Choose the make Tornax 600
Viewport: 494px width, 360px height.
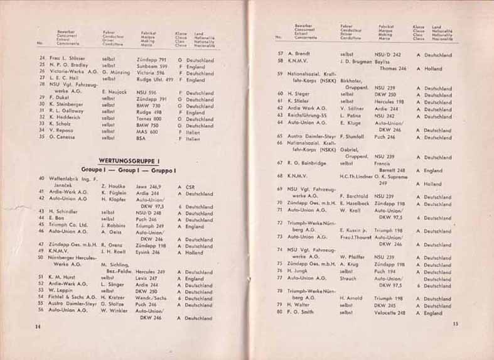point(149,119)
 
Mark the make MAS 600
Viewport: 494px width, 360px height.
point(146,131)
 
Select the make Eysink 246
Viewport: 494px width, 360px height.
point(148,252)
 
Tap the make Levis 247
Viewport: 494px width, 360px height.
point(147,278)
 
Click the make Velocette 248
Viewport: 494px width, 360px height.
point(390,312)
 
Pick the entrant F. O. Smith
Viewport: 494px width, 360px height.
point(303,313)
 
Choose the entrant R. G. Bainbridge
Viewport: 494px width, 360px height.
point(309,163)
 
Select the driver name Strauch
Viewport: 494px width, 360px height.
point(349,278)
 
